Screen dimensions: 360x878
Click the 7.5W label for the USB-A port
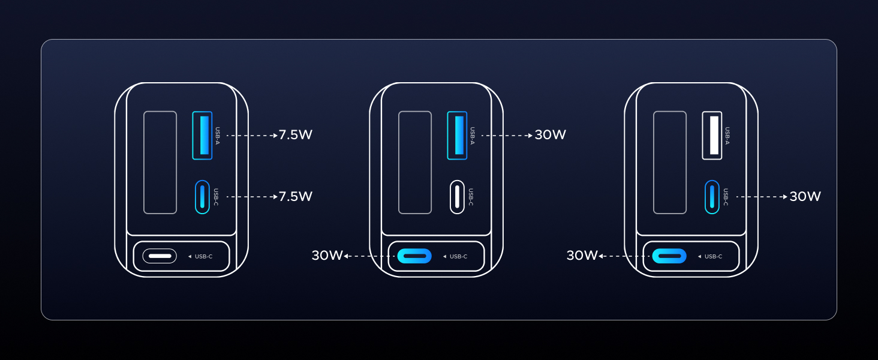pos(295,135)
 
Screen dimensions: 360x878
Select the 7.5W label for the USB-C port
pos(295,196)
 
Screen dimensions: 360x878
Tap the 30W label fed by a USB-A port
pos(550,135)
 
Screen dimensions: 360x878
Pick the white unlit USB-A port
pos(712,136)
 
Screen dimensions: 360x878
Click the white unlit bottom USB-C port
pos(160,256)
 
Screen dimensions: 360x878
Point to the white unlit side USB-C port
pos(457,197)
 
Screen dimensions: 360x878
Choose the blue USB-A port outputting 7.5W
pos(202,136)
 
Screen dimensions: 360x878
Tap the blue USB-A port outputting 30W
pos(457,136)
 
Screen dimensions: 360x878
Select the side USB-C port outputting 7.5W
pos(202,197)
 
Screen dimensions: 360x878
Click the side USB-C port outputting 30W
pos(712,197)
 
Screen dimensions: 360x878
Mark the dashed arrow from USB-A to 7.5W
pos(252,136)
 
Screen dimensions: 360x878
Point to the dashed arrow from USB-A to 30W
pos(507,136)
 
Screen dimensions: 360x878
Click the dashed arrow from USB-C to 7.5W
pos(252,197)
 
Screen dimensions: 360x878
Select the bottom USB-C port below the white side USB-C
pos(414,256)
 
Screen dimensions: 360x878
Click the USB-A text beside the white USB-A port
pos(727,136)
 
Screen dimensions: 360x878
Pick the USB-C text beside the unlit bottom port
pos(203,257)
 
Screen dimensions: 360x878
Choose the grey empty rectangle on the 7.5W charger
pos(160,163)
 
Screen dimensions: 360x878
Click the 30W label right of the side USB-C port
pos(805,196)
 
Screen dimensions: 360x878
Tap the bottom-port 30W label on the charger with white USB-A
pos(582,256)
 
